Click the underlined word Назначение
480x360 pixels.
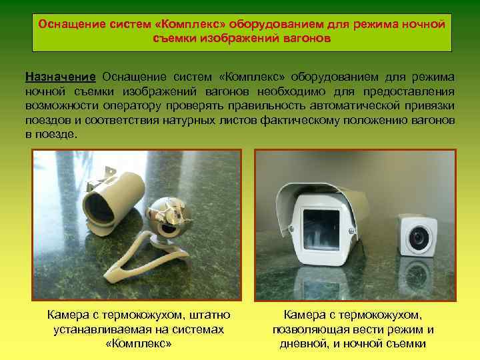click(x=61, y=77)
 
